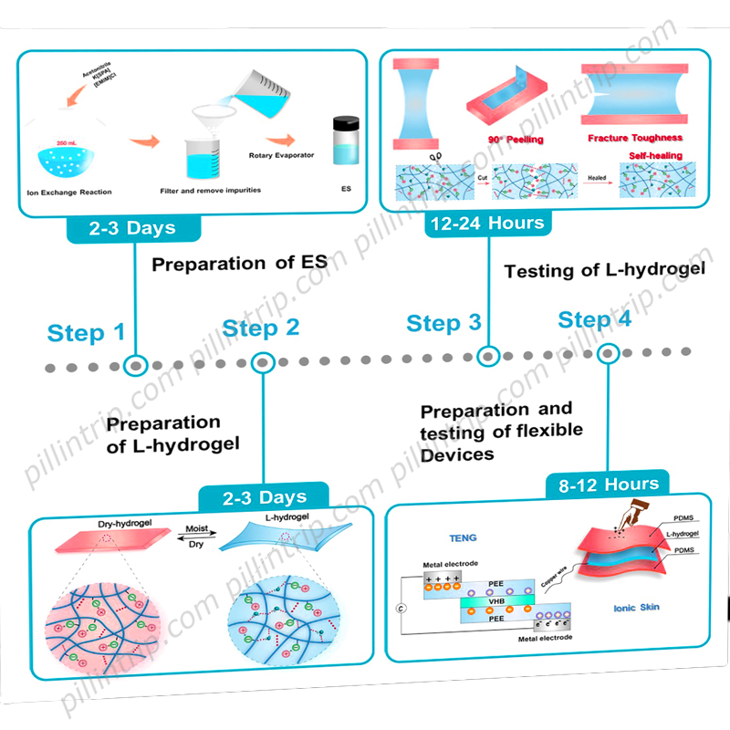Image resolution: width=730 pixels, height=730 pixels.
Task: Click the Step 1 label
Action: click(87, 333)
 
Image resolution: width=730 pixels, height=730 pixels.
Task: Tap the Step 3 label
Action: click(443, 323)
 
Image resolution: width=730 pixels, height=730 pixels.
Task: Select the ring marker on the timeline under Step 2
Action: click(263, 362)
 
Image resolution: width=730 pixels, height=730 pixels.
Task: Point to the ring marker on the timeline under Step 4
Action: click(608, 353)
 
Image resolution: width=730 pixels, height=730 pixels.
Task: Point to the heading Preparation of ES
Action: click(239, 265)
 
